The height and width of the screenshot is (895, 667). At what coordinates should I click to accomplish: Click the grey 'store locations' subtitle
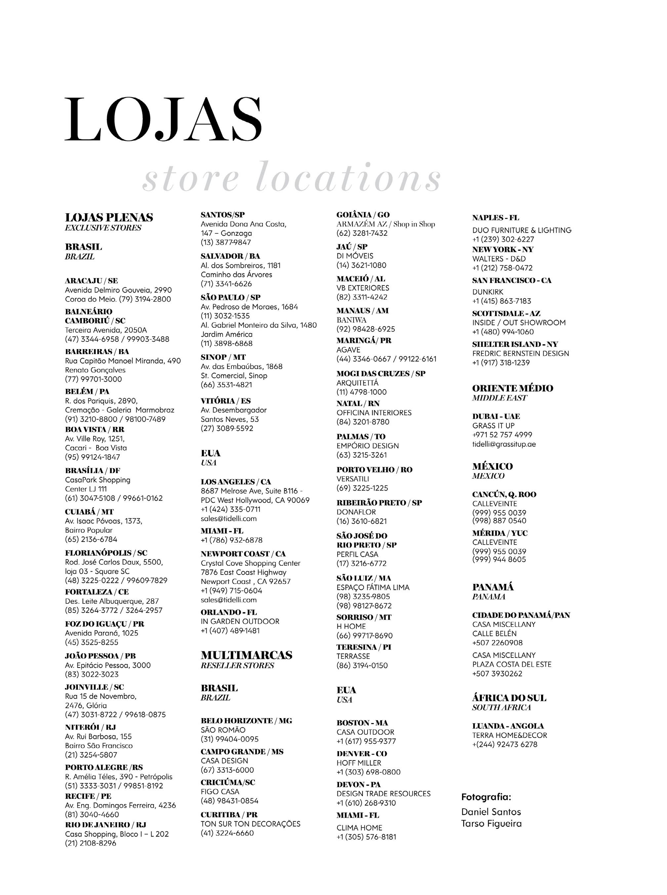coord(291,178)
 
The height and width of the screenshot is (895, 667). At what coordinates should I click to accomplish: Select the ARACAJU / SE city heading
coord(92,281)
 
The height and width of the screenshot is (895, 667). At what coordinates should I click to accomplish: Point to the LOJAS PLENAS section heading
coord(109,218)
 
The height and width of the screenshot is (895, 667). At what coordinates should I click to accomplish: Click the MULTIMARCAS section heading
coord(246,655)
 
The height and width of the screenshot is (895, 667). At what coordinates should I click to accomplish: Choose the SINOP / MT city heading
coord(223,357)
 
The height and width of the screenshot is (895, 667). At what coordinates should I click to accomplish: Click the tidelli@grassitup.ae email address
coord(504,444)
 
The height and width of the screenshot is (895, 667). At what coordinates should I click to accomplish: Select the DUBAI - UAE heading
coord(496,416)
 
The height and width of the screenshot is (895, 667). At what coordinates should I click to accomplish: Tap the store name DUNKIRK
coord(488,292)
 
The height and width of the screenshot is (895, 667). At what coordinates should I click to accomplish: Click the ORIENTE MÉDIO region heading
coord(512,388)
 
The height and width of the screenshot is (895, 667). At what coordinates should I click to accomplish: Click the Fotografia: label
coord(486,797)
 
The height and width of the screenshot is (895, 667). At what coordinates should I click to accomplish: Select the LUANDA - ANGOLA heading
coord(508,726)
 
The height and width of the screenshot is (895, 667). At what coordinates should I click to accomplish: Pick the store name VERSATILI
coord(353,479)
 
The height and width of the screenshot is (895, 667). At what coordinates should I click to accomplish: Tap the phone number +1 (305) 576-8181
coord(366,837)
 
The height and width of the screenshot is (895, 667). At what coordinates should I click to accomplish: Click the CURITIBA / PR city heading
coord(229,815)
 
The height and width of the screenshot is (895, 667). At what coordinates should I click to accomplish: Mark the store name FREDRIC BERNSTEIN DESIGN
coord(521,353)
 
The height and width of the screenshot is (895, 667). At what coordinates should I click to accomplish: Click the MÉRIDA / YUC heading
coord(500,533)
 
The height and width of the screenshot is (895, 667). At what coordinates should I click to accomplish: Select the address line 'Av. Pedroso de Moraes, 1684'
coord(249,307)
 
